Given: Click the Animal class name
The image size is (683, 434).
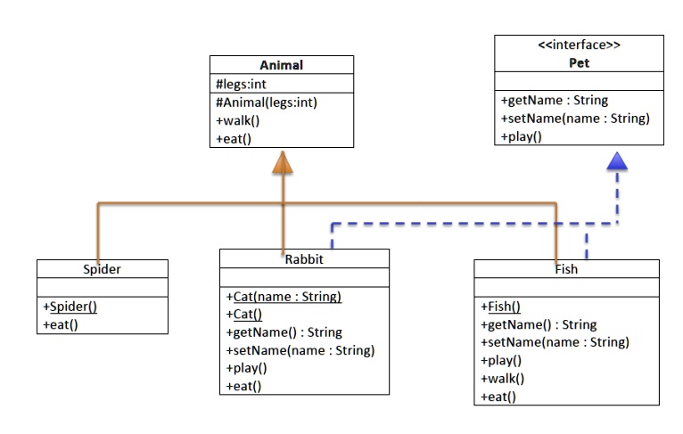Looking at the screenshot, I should [281, 65].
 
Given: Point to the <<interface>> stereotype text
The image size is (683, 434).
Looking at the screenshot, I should [580, 45].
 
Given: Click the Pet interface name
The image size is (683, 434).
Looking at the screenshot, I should [580, 63].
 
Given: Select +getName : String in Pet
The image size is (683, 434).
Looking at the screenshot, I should [555, 101].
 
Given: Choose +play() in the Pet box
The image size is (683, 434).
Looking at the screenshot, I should [522, 136].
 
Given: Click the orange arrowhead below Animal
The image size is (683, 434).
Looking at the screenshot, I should [283, 161].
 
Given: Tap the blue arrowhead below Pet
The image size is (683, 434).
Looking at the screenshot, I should [617, 161].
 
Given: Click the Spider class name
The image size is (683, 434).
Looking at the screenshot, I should [102, 268].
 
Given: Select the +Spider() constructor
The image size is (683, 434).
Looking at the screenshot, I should [70, 307].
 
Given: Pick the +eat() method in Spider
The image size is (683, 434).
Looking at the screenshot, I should [61, 324].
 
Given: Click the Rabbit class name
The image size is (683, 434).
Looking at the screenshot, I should [304, 258].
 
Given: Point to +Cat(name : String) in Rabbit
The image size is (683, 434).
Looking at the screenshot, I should [284, 297].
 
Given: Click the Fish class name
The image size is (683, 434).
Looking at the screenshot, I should [566, 268].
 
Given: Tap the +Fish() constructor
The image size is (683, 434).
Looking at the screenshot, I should [501, 307].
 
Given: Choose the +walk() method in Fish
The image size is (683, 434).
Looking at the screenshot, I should [502, 379].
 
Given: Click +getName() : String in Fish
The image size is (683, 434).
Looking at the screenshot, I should [539, 324].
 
